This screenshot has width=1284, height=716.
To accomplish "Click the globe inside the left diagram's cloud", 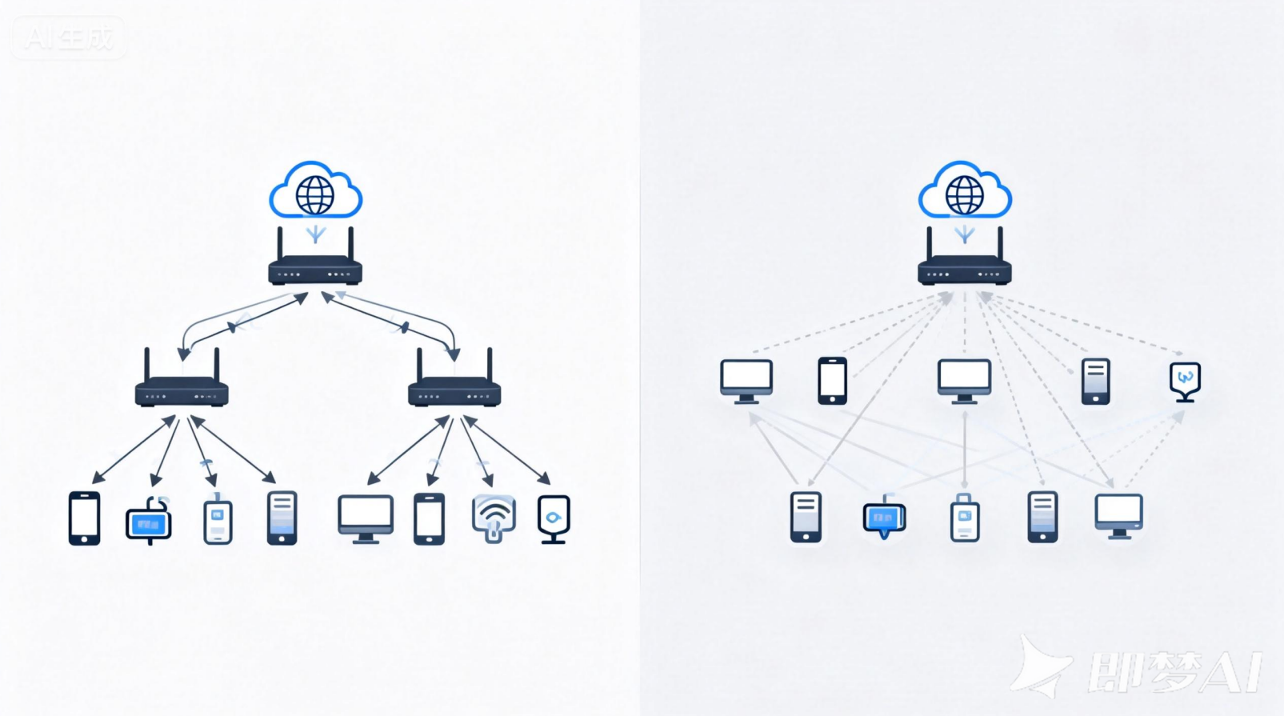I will pyautogui.click(x=315, y=194).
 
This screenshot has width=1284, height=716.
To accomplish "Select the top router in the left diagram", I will pyautogui.click(x=315, y=271).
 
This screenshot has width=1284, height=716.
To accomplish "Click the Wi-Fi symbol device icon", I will pyautogui.click(x=494, y=518).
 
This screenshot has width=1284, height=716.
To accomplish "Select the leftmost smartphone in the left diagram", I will pyautogui.click(x=85, y=518).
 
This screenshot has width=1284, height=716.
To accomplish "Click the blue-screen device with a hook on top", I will pyautogui.click(x=149, y=522).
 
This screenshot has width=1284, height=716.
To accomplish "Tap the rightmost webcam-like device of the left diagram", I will pyautogui.click(x=554, y=518).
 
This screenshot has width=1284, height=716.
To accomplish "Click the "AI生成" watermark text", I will pyautogui.click(x=70, y=38).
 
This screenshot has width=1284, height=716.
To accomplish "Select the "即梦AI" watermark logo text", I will pyautogui.click(x=1174, y=670).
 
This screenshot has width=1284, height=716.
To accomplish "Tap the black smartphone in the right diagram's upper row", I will pyautogui.click(x=832, y=380).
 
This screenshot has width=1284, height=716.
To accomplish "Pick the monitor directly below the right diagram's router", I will pyautogui.click(x=965, y=380).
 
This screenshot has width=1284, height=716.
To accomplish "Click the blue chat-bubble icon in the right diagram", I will pyautogui.click(x=884, y=518).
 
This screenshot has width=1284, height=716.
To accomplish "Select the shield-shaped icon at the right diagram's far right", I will pyautogui.click(x=1185, y=380).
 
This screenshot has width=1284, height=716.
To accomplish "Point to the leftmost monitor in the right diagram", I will pyautogui.click(x=746, y=380).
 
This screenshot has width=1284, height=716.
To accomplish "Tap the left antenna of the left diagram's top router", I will pyautogui.click(x=280, y=243).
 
